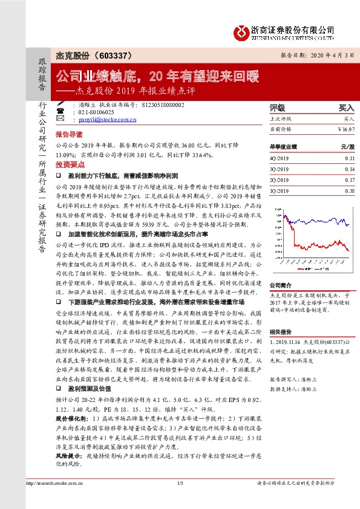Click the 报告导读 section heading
point(67,136)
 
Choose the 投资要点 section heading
point(67,164)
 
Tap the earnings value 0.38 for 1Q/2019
point(349,190)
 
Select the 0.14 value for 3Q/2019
point(349,169)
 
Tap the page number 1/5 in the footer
point(180,499)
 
